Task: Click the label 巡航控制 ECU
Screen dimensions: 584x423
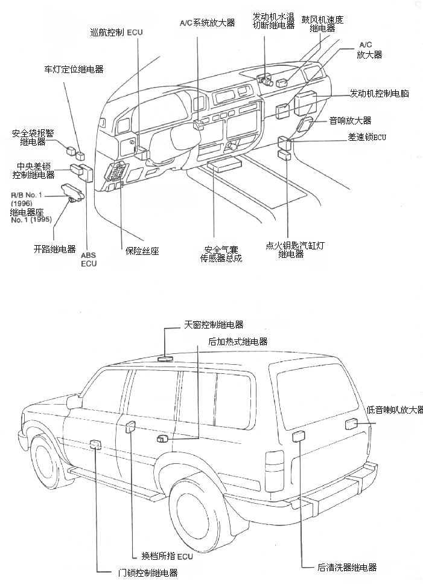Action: coord(115,33)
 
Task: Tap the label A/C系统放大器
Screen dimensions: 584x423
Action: coord(207,23)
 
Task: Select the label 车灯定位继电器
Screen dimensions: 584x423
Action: coord(74,69)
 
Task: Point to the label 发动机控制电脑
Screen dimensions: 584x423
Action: coord(380,94)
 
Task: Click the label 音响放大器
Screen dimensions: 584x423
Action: coord(350,121)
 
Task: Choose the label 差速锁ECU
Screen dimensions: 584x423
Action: coord(366,137)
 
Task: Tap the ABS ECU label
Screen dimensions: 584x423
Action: coord(89,260)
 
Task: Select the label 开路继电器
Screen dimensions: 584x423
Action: coord(54,248)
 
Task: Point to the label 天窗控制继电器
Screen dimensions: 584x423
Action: coord(214,325)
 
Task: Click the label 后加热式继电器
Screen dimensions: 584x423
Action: coord(237,342)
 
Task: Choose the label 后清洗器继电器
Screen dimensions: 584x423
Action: coord(347,567)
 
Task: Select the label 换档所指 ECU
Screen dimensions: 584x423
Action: coord(167,556)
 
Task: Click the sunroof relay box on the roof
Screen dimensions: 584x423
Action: coord(164,358)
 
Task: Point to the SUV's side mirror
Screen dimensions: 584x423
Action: coord(74,402)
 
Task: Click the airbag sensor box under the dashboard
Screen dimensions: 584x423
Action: coord(223,164)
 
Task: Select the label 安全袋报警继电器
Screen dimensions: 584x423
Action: coord(33,138)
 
